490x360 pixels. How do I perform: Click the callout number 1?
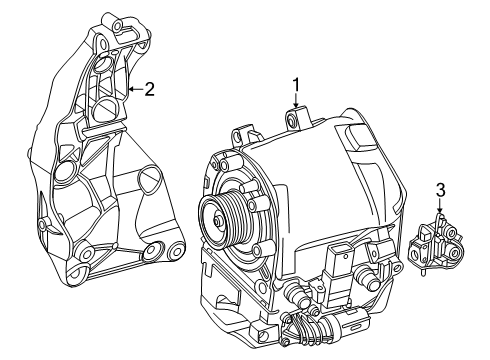pyautogui.click(x=296, y=85)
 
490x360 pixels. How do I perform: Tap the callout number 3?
pyautogui.click(x=441, y=191)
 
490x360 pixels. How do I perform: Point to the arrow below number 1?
pyautogui.click(x=296, y=101)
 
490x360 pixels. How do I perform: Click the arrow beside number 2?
pyautogui.click(x=136, y=89)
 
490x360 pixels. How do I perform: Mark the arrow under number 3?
pyautogui.click(x=440, y=206)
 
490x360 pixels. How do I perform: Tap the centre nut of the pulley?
pyautogui.click(x=218, y=221)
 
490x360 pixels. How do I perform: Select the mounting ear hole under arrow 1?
pyautogui.click(x=292, y=120)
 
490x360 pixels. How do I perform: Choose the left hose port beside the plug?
pyautogui.click(x=298, y=294)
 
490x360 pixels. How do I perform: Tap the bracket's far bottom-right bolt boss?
pyautogui.click(x=177, y=251)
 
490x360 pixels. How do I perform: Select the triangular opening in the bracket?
pyautogui.click(x=150, y=180)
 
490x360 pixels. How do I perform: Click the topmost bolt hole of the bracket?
pyautogui.click(x=118, y=25)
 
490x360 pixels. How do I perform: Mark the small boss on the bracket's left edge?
pyautogui.click(x=41, y=224)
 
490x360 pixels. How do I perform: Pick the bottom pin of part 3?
pyautogui.click(x=423, y=272)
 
